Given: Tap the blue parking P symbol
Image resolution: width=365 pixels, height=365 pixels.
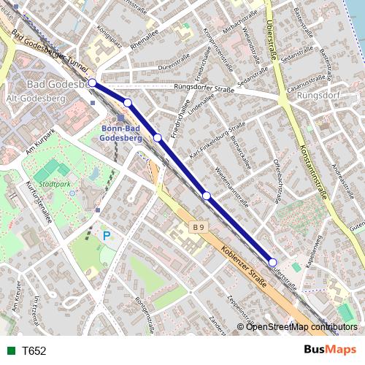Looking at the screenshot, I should coord(107,236).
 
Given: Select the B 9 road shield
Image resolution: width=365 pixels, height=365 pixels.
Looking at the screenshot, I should coord(199,228).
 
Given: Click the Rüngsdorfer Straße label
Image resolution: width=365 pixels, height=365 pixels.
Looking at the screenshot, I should coord(204,88).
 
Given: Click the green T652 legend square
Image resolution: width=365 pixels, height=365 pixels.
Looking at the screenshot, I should coord(11,350).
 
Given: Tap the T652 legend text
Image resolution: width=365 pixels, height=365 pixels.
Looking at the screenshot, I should coord(34,350).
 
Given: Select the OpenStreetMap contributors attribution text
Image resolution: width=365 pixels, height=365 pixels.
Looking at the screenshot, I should coord(301,326).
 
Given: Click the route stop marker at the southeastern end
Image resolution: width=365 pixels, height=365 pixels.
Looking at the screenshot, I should coord(273,262).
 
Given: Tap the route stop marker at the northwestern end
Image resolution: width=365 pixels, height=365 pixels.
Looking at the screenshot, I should coord(93,83).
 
